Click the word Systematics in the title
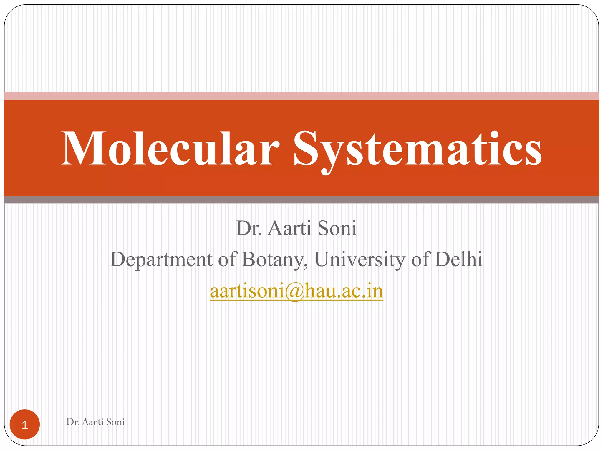(417, 149)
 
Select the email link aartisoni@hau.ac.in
(296, 291)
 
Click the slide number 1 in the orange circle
(25, 425)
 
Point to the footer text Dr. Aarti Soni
(95, 422)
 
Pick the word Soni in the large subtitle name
(337, 228)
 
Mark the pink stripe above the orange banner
(301, 96)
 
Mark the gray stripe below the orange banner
(301, 200)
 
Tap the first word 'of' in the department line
(227, 259)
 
